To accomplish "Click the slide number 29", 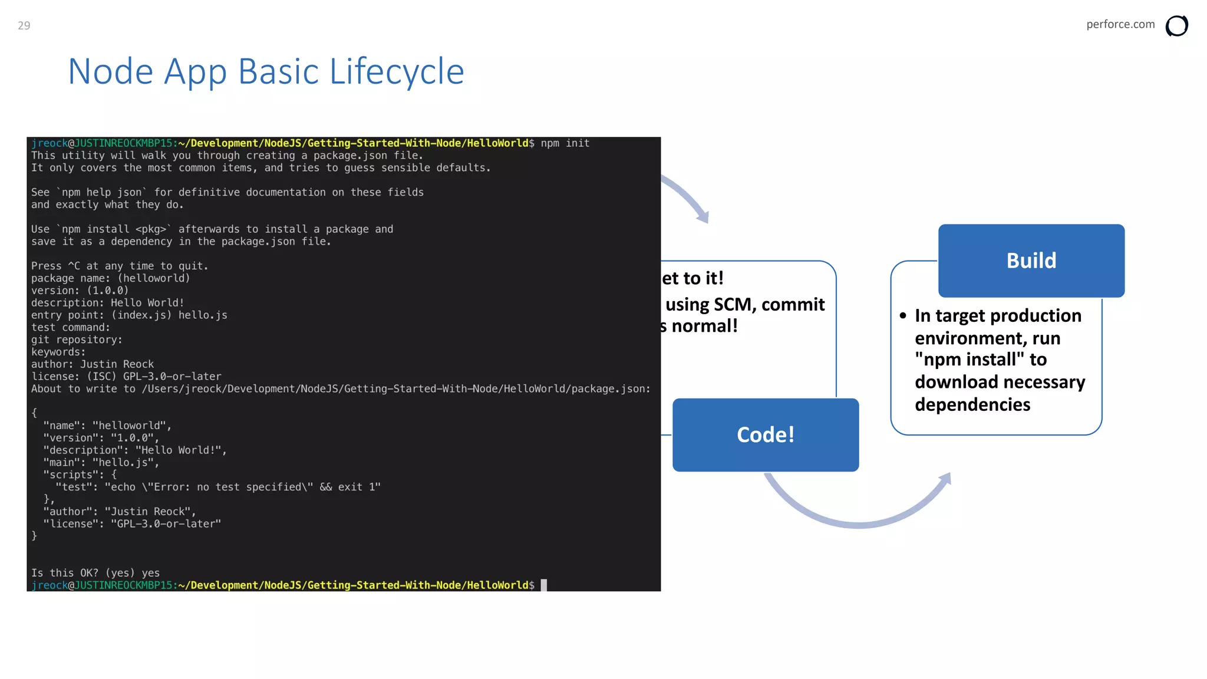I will (24, 25).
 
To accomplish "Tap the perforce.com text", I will (1120, 24).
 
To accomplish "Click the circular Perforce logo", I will (1176, 26).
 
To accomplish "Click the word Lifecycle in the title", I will (397, 72).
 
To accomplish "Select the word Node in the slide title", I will (111, 72).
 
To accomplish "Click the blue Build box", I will (1031, 261).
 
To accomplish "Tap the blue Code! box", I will (765, 435).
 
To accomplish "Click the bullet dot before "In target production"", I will (903, 316).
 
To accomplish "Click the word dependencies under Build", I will (972, 405).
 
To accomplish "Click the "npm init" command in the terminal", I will (565, 143).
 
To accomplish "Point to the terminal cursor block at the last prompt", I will (544, 585).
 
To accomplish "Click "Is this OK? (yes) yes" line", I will (95, 573).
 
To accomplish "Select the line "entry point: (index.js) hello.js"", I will (129, 315).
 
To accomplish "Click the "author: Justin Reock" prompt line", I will (93, 364).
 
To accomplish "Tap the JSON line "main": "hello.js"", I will (101, 463).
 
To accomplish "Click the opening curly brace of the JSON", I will (34, 413).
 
